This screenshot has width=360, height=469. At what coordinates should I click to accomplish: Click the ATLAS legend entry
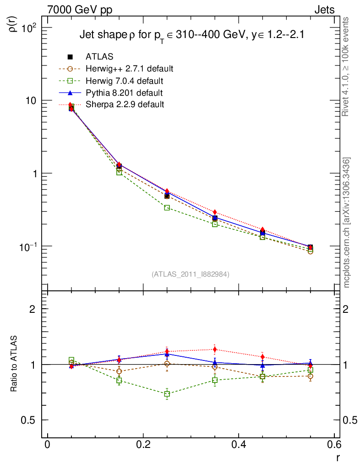coord(99,57)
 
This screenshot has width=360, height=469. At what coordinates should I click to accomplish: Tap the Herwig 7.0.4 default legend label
coord(125,81)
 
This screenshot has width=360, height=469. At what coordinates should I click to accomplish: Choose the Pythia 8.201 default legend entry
coord(124,93)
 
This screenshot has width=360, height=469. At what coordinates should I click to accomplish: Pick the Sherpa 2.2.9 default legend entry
coord(125,105)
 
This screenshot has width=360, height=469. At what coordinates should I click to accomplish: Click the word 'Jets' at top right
coord(324,10)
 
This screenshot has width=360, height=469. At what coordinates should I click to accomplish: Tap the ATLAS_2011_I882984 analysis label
coord(191,274)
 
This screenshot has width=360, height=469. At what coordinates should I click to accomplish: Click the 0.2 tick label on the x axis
coord(143,444)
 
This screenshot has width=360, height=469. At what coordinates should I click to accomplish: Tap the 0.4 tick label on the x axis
coord(239,444)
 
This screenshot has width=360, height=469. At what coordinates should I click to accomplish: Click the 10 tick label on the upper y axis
coord(33,100)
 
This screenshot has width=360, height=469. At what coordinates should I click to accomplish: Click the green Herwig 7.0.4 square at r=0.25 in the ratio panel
coord(167,394)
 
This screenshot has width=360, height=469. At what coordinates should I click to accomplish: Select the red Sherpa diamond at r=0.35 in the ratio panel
coord(215,349)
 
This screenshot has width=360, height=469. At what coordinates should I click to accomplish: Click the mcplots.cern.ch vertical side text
coord(347,223)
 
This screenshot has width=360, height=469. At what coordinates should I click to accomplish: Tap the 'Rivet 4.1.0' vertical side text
coord(347,67)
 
